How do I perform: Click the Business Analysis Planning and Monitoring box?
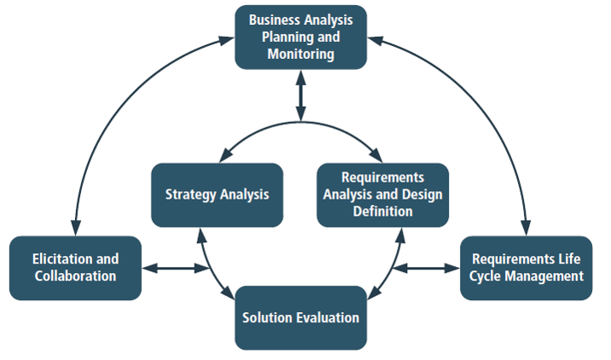(300, 38)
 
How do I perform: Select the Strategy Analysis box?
(217, 195)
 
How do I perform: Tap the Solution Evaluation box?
(300, 318)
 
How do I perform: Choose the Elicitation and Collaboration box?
(75, 268)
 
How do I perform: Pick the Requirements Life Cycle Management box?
(526, 268)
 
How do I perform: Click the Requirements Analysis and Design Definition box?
(382, 195)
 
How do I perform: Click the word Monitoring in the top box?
(301, 54)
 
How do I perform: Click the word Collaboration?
(75, 276)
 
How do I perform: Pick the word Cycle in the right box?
(486, 276)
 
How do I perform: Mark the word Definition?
(382, 212)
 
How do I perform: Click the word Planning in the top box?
(288, 38)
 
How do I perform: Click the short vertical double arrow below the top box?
(300, 96)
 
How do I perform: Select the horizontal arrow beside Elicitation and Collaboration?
(176, 268)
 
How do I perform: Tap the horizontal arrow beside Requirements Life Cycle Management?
(427, 268)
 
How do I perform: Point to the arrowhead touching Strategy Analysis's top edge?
(225, 155)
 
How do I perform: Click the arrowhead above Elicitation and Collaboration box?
(76, 228)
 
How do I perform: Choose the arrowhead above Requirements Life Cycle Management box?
(526, 228)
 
